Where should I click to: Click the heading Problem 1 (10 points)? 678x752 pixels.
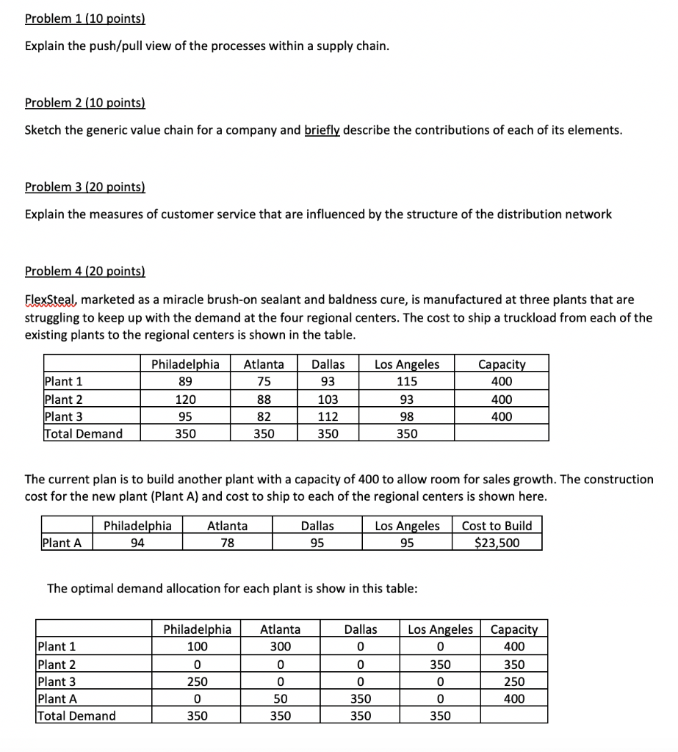click(x=85, y=18)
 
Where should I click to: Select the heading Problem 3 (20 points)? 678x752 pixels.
click(x=85, y=187)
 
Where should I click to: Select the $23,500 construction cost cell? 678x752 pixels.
click(x=497, y=543)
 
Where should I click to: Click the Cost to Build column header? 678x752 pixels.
click(x=497, y=526)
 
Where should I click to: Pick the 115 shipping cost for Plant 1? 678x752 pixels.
click(x=407, y=381)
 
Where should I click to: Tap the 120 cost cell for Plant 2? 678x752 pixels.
click(x=184, y=399)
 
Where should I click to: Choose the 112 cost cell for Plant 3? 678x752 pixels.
click(x=328, y=416)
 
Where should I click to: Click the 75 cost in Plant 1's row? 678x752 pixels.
click(x=264, y=381)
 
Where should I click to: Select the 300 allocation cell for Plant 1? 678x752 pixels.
click(x=280, y=646)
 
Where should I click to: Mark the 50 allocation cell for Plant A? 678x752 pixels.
click(x=280, y=698)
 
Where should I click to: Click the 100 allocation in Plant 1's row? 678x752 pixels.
click(x=197, y=646)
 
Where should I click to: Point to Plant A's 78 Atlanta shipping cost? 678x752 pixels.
click(x=227, y=543)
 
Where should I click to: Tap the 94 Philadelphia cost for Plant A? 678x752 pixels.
click(x=137, y=543)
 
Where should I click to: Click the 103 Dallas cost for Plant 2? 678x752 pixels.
click(x=328, y=399)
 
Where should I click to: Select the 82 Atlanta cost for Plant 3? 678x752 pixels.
click(x=264, y=416)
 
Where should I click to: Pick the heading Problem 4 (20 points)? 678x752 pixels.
click(x=85, y=271)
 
